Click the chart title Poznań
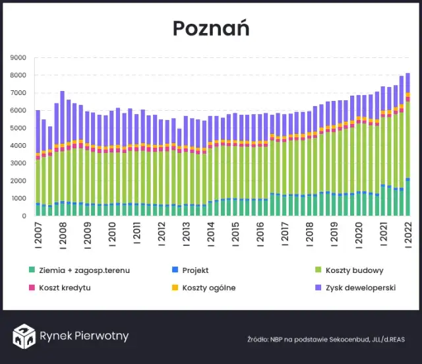(211, 28)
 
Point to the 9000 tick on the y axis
(18, 57)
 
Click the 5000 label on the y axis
(18, 128)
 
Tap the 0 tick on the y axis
(24, 216)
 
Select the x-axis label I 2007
(38, 235)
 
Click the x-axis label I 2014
(210, 235)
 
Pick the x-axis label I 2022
(407, 235)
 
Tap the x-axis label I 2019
(334, 235)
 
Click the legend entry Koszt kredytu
(65, 288)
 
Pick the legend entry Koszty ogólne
(208, 288)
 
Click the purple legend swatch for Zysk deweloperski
(319, 288)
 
